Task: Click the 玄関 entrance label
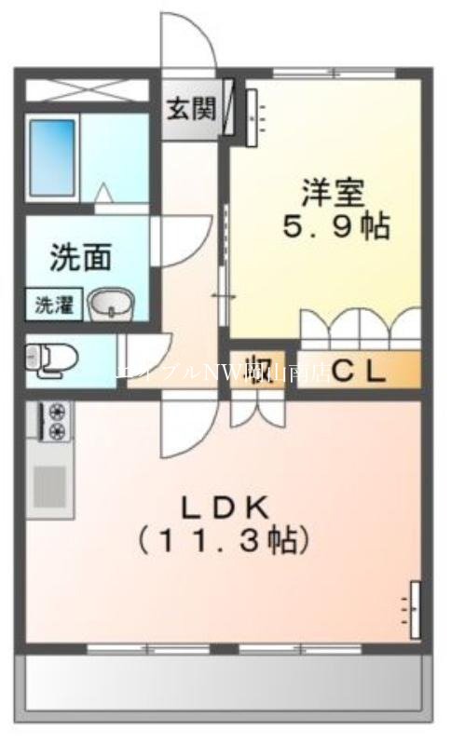tap(191, 109)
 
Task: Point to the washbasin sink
tap(111, 304)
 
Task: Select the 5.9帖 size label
tap(336, 226)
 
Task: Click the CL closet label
tap(359, 371)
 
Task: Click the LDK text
tap(224, 508)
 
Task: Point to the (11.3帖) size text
tap(224, 540)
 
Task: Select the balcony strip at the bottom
tap(224, 684)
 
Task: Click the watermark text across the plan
tap(224, 371)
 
